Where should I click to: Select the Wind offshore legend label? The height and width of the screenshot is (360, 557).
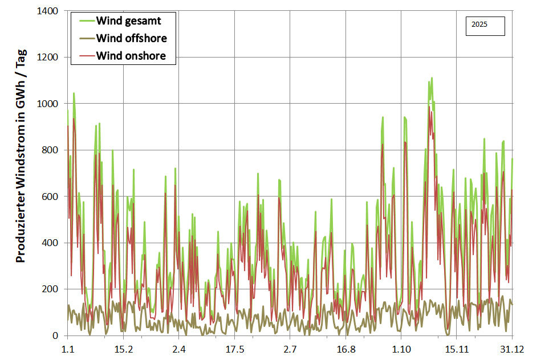pyautogui.click(x=131, y=39)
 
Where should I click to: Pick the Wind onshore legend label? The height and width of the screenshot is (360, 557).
pyautogui.click(x=131, y=56)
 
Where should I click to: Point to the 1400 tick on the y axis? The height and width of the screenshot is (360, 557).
pyautogui.click(x=49, y=11)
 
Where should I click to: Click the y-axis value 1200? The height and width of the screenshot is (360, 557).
pyautogui.click(x=49, y=58)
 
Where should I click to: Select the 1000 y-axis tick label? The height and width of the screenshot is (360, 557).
pyautogui.click(x=49, y=104)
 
